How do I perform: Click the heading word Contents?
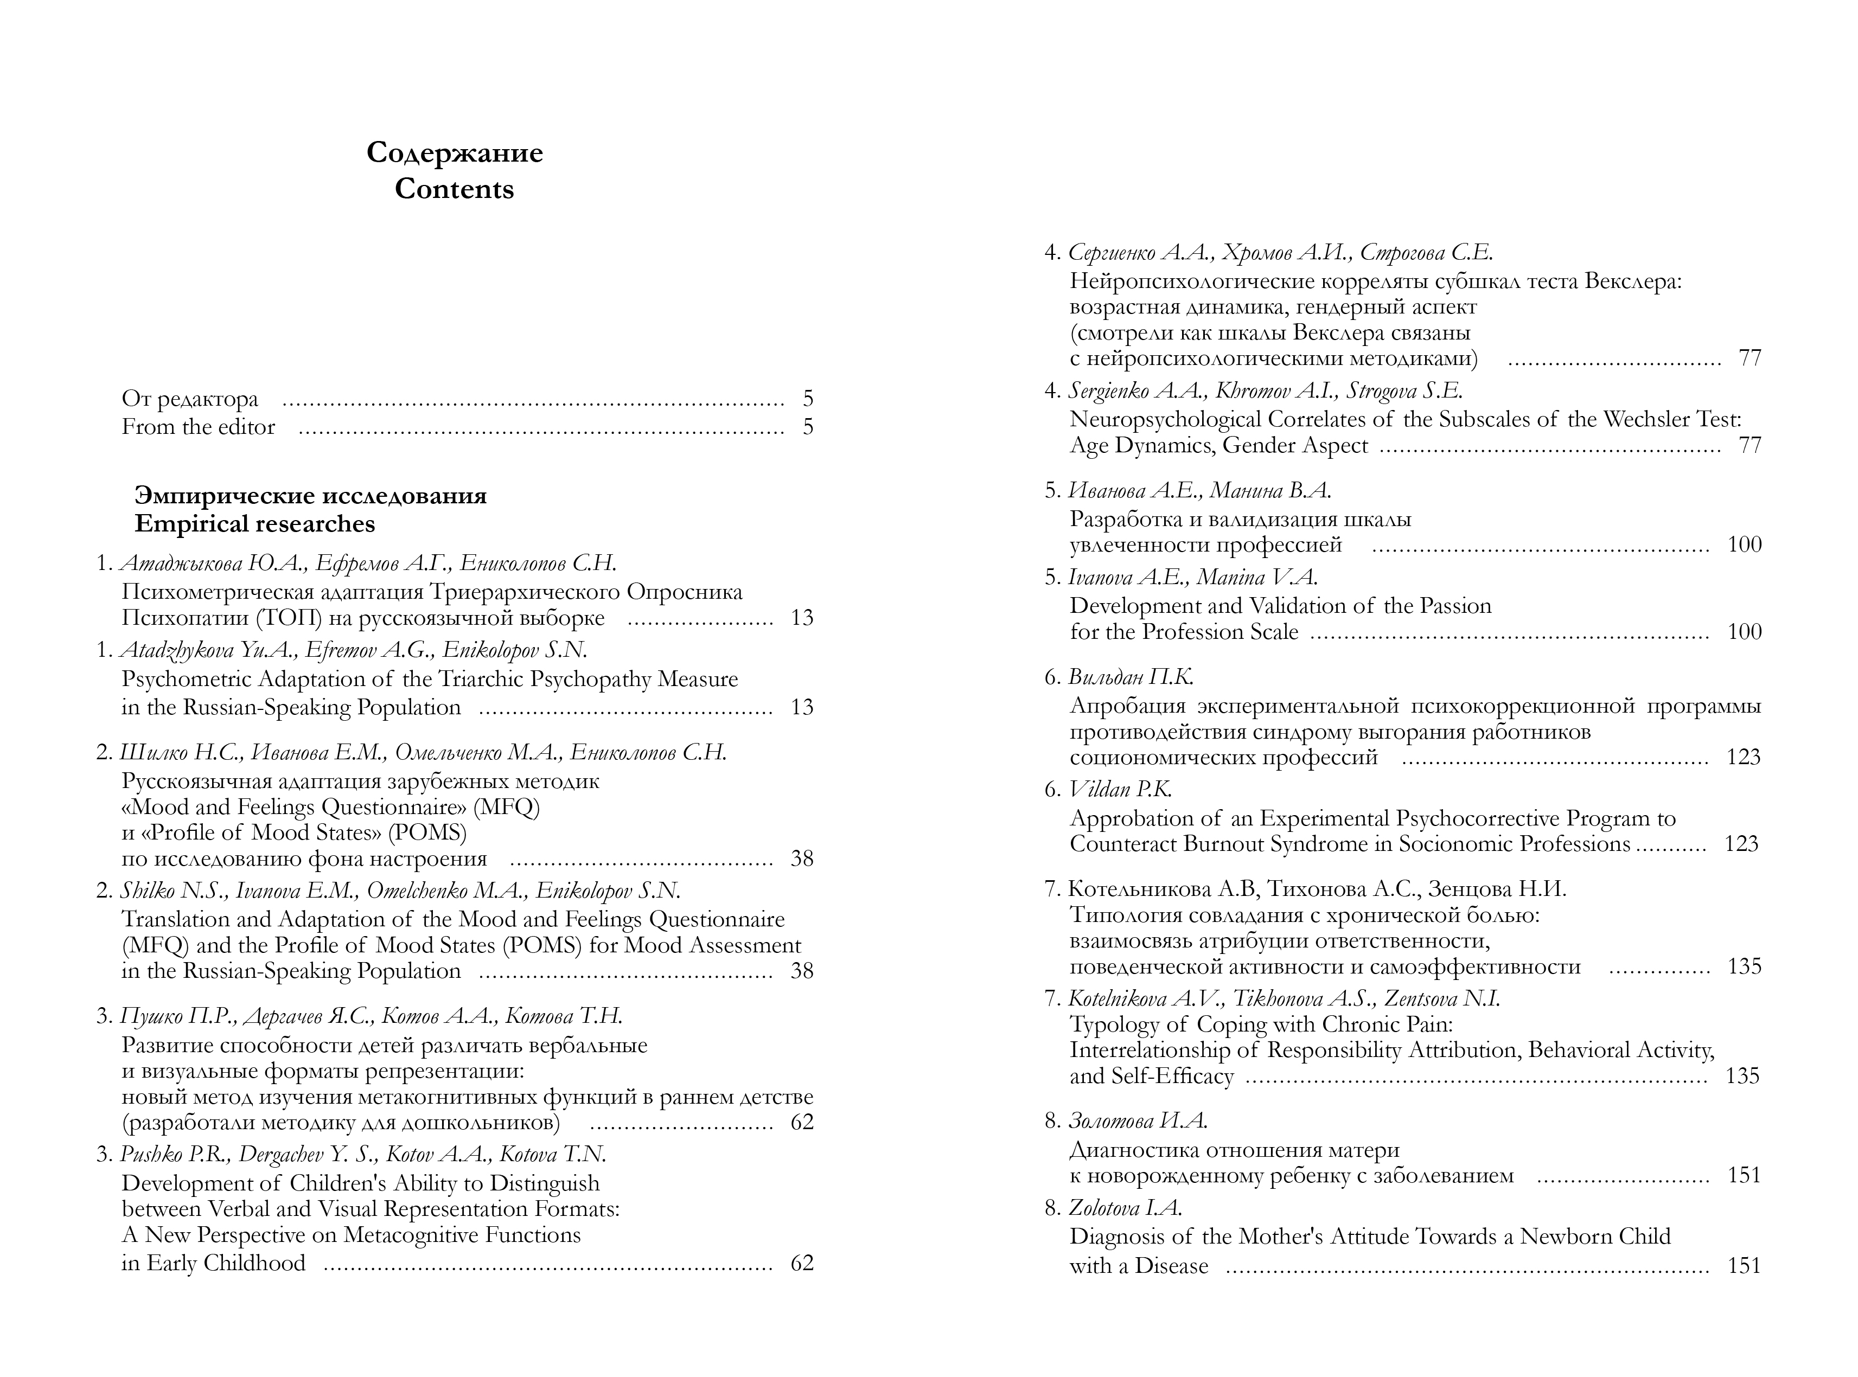point(454,189)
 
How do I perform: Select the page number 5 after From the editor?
point(807,427)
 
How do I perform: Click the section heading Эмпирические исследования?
point(310,496)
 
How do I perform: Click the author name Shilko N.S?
point(174,891)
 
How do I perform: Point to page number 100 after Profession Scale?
point(1744,632)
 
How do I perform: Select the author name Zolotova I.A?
point(1125,1208)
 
